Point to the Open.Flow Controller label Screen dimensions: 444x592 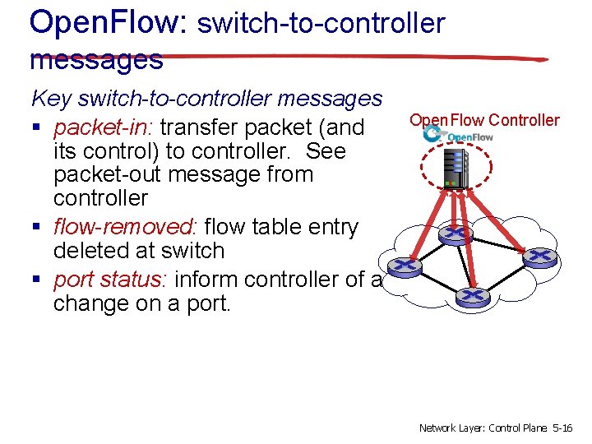point(484,121)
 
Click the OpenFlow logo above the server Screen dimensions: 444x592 point(458,135)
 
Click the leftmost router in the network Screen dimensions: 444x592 point(403,266)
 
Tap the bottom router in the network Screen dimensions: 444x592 point(472,294)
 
